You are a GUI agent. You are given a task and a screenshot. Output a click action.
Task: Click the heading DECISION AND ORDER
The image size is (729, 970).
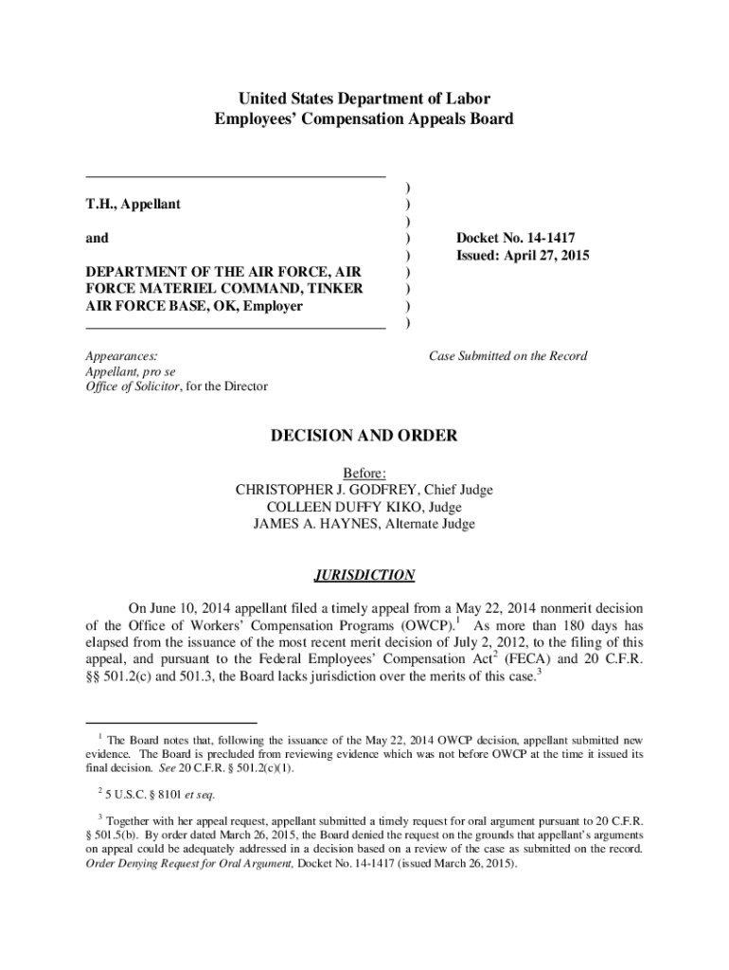[364, 436]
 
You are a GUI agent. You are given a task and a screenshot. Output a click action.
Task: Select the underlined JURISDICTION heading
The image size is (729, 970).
[364, 575]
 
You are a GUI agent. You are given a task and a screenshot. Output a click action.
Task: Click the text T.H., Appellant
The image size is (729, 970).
[133, 204]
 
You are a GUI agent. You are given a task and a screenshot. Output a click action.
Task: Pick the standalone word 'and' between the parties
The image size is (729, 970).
[97, 238]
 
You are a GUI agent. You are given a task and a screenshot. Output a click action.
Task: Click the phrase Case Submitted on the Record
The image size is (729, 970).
[507, 356]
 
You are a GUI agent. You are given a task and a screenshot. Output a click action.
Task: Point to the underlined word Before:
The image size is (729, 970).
[364, 473]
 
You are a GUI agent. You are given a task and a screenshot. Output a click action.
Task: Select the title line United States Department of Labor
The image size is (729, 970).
[364, 99]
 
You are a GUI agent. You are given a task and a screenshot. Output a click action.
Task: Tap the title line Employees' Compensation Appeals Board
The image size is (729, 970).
[364, 119]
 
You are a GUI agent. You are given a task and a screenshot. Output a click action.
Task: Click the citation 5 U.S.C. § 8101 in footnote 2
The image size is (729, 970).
[151, 793]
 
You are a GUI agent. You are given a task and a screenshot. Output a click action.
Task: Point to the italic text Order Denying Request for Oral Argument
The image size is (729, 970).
[189, 863]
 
